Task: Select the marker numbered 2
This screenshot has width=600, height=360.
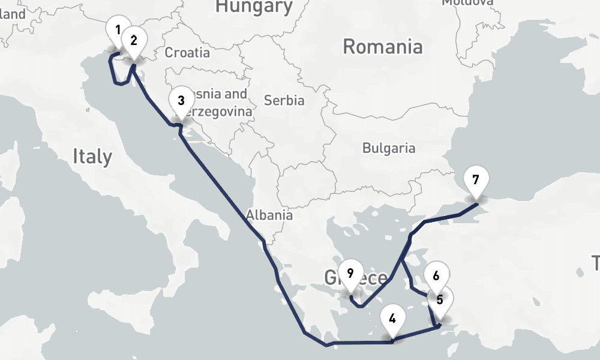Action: click(x=134, y=41)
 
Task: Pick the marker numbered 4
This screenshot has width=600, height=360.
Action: click(x=392, y=319)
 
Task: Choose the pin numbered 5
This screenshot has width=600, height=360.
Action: click(x=440, y=299)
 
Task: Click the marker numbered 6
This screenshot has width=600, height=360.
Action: click(x=436, y=276)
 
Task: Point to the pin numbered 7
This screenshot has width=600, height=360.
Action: click(x=476, y=179)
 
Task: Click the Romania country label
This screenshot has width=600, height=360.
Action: click(x=382, y=47)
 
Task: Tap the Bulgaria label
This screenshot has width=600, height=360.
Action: click(x=389, y=148)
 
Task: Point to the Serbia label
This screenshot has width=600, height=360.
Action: click(x=284, y=100)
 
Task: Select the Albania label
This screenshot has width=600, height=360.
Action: click(x=269, y=215)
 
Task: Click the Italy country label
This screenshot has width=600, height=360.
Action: click(x=92, y=157)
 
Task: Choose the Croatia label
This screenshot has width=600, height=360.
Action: click(x=187, y=53)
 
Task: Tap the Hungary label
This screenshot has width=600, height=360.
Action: click(x=254, y=7)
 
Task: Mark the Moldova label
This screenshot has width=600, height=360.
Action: click(x=467, y=2)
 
